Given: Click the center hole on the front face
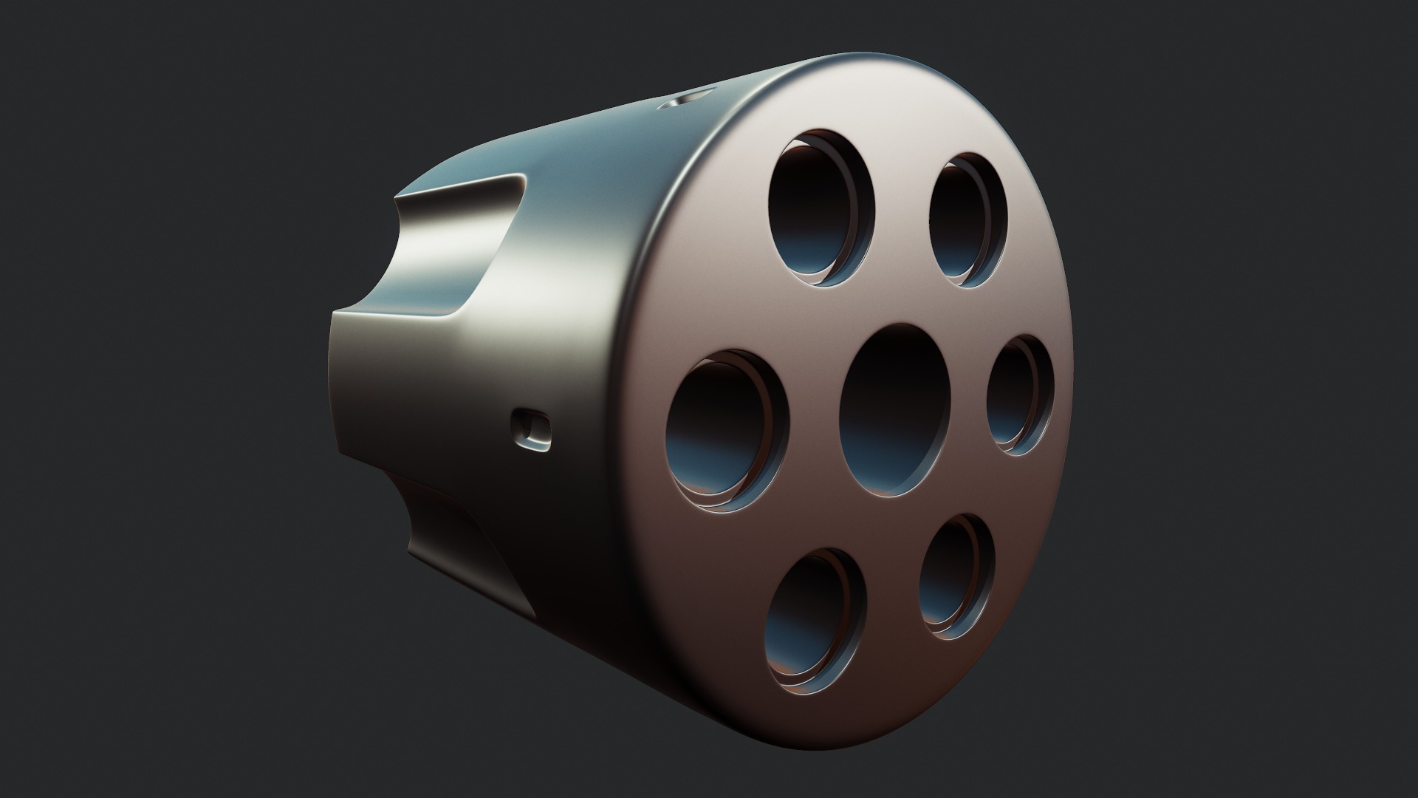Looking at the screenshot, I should pyautogui.click(x=895, y=411).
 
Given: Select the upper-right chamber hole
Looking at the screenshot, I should pyautogui.click(x=968, y=220).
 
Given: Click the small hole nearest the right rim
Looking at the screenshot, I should pyautogui.click(x=1020, y=395).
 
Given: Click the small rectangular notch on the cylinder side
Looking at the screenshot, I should pyautogui.click(x=530, y=430).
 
